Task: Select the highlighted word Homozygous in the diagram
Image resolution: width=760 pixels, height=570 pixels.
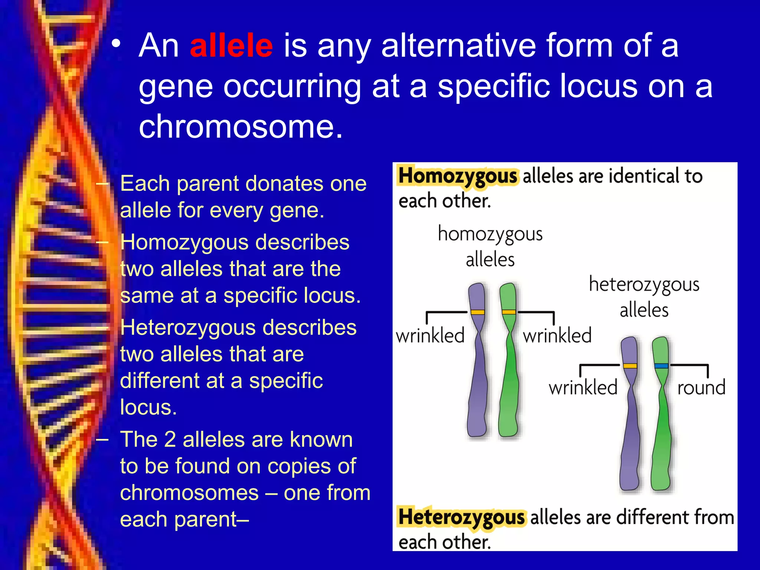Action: click(x=458, y=176)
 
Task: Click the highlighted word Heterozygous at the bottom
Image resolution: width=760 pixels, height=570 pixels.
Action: click(x=462, y=517)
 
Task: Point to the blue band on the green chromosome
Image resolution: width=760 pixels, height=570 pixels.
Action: click(x=661, y=366)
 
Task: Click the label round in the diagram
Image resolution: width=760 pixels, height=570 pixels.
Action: click(x=701, y=388)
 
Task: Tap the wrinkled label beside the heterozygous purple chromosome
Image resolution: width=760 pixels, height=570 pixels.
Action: click(x=583, y=388)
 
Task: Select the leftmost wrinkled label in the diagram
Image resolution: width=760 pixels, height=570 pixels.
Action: click(x=430, y=336)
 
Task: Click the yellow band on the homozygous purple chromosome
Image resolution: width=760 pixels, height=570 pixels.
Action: click(x=477, y=312)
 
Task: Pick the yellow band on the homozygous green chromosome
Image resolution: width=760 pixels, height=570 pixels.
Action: click(x=508, y=312)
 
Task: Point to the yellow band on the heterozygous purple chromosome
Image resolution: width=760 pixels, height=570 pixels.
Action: click(x=630, y=366)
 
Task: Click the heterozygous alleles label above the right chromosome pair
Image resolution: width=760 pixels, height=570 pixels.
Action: click(x=644, y=297)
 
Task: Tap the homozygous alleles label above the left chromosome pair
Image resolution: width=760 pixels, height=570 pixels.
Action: click(x=490, y=246)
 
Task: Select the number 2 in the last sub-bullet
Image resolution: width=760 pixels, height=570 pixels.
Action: click(x=170, y=440)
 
